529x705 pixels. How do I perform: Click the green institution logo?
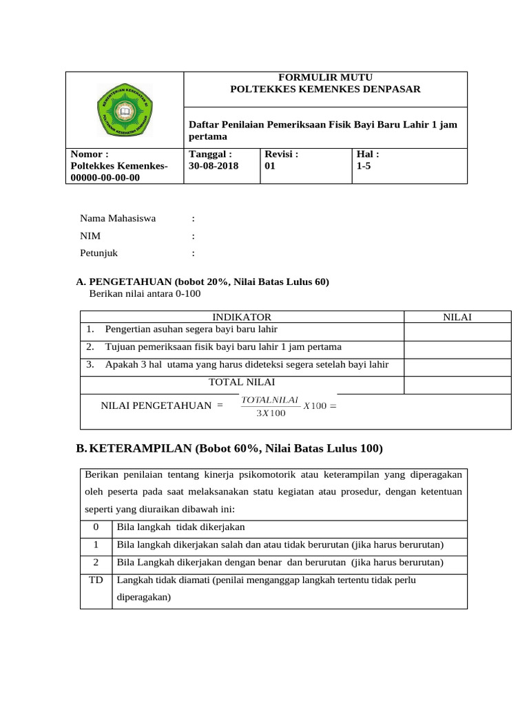point(125,111)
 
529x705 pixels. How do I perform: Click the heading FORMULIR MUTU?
point(324,77)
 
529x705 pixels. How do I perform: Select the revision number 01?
point(270,166)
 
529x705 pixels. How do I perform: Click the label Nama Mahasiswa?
point(118,218)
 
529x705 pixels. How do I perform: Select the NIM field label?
point(90,235)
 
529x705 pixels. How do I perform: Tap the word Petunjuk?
point(98,253)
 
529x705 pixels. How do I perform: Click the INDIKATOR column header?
point(241,317)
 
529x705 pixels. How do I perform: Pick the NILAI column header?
point(457,317)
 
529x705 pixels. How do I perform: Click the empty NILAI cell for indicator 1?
point(457,332)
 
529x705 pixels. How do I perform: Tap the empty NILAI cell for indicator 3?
point(457,367)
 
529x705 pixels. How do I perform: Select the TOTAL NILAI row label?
point(241,382)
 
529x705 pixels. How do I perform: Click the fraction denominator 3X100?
point(270,413)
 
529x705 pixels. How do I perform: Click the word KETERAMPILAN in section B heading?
point(141,449)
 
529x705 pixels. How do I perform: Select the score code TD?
point(96,580)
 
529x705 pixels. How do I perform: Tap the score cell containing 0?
point(96,527)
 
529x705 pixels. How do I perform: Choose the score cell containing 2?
point(96,562)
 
